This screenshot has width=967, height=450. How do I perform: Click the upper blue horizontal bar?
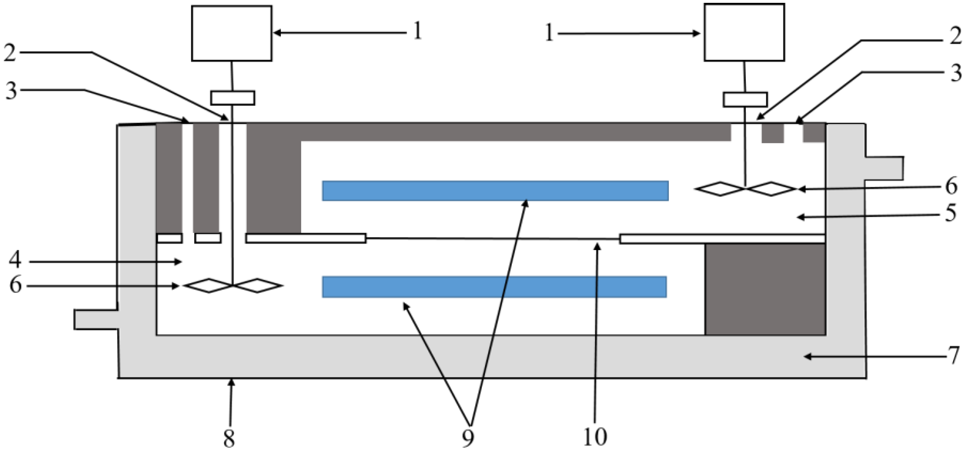pyautogui.click(x=495, y=191)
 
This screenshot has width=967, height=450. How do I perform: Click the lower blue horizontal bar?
pyautogui.click(x=494, y=287)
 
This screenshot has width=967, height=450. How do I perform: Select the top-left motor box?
pyautogui.click(x=232, y=33)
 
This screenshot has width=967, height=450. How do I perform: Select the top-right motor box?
pyautogui.click(x=744, y=32)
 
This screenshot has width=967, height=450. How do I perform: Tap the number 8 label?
pyautogui.click(x=229, y=438)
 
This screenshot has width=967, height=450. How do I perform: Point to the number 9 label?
pyautogui.click(x=468, y=438)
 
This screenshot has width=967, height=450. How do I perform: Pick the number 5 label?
pyautogui.click(x=951, y=214)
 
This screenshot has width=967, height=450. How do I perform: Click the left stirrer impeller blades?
pyautogui.click(x=233, y=286)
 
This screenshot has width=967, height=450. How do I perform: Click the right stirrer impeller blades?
pyautogui.click(x=746, y=189)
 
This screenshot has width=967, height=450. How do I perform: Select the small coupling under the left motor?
pyautogui.click(x=233, y=98)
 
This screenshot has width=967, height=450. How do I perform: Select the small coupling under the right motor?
pyautogui.click(x=745, y=99)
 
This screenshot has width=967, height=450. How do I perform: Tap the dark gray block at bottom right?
pyautogui.click(x=765, y=289)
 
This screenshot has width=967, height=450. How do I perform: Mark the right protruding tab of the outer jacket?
pyautogui.click(x=884, y=168)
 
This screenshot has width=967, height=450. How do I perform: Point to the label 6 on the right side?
pyautogui.click(x=951, y=187)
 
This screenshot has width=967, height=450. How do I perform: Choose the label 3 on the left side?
pyautogui.click(x=11, y=91)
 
